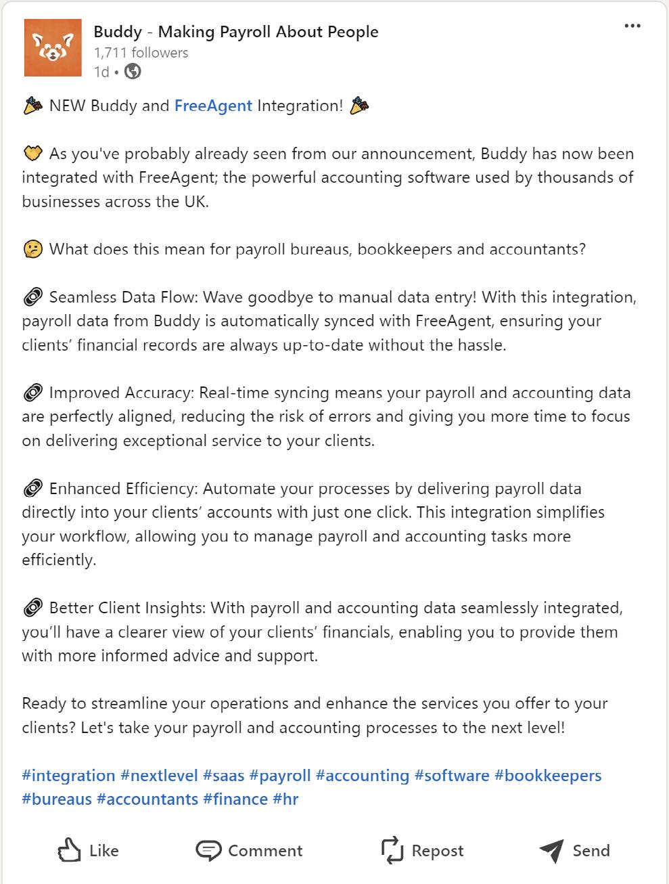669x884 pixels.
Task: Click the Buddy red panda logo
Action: tap(51, 47)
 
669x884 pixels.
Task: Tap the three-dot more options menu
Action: tap(632, 26)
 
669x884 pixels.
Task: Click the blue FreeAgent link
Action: tap(213, 106)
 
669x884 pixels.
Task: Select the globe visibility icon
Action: tap(133, 72)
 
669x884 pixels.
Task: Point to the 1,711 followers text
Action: tap(141, 53)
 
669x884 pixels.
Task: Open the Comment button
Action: tap(249, 851)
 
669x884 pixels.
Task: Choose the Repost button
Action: tap(423, 851)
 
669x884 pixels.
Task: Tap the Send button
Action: tap(574, 851)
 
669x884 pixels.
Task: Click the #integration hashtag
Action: tap(68, 776)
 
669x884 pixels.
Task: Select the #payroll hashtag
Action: tap(279, 776)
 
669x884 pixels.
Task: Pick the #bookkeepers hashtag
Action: tap(548, 776)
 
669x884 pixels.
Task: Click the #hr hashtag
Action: tap(285, 799)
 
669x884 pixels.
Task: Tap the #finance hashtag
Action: tap(235, 799)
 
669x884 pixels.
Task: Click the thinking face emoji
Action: tap(32, 250)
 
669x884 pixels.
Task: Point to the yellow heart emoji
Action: tap(32, 154)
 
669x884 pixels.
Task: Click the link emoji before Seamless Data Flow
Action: tap(32, 298)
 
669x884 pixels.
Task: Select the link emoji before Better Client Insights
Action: tap(32, 609)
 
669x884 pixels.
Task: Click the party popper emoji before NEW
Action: tap(32, 106)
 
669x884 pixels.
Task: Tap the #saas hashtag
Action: tap(223, 776)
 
